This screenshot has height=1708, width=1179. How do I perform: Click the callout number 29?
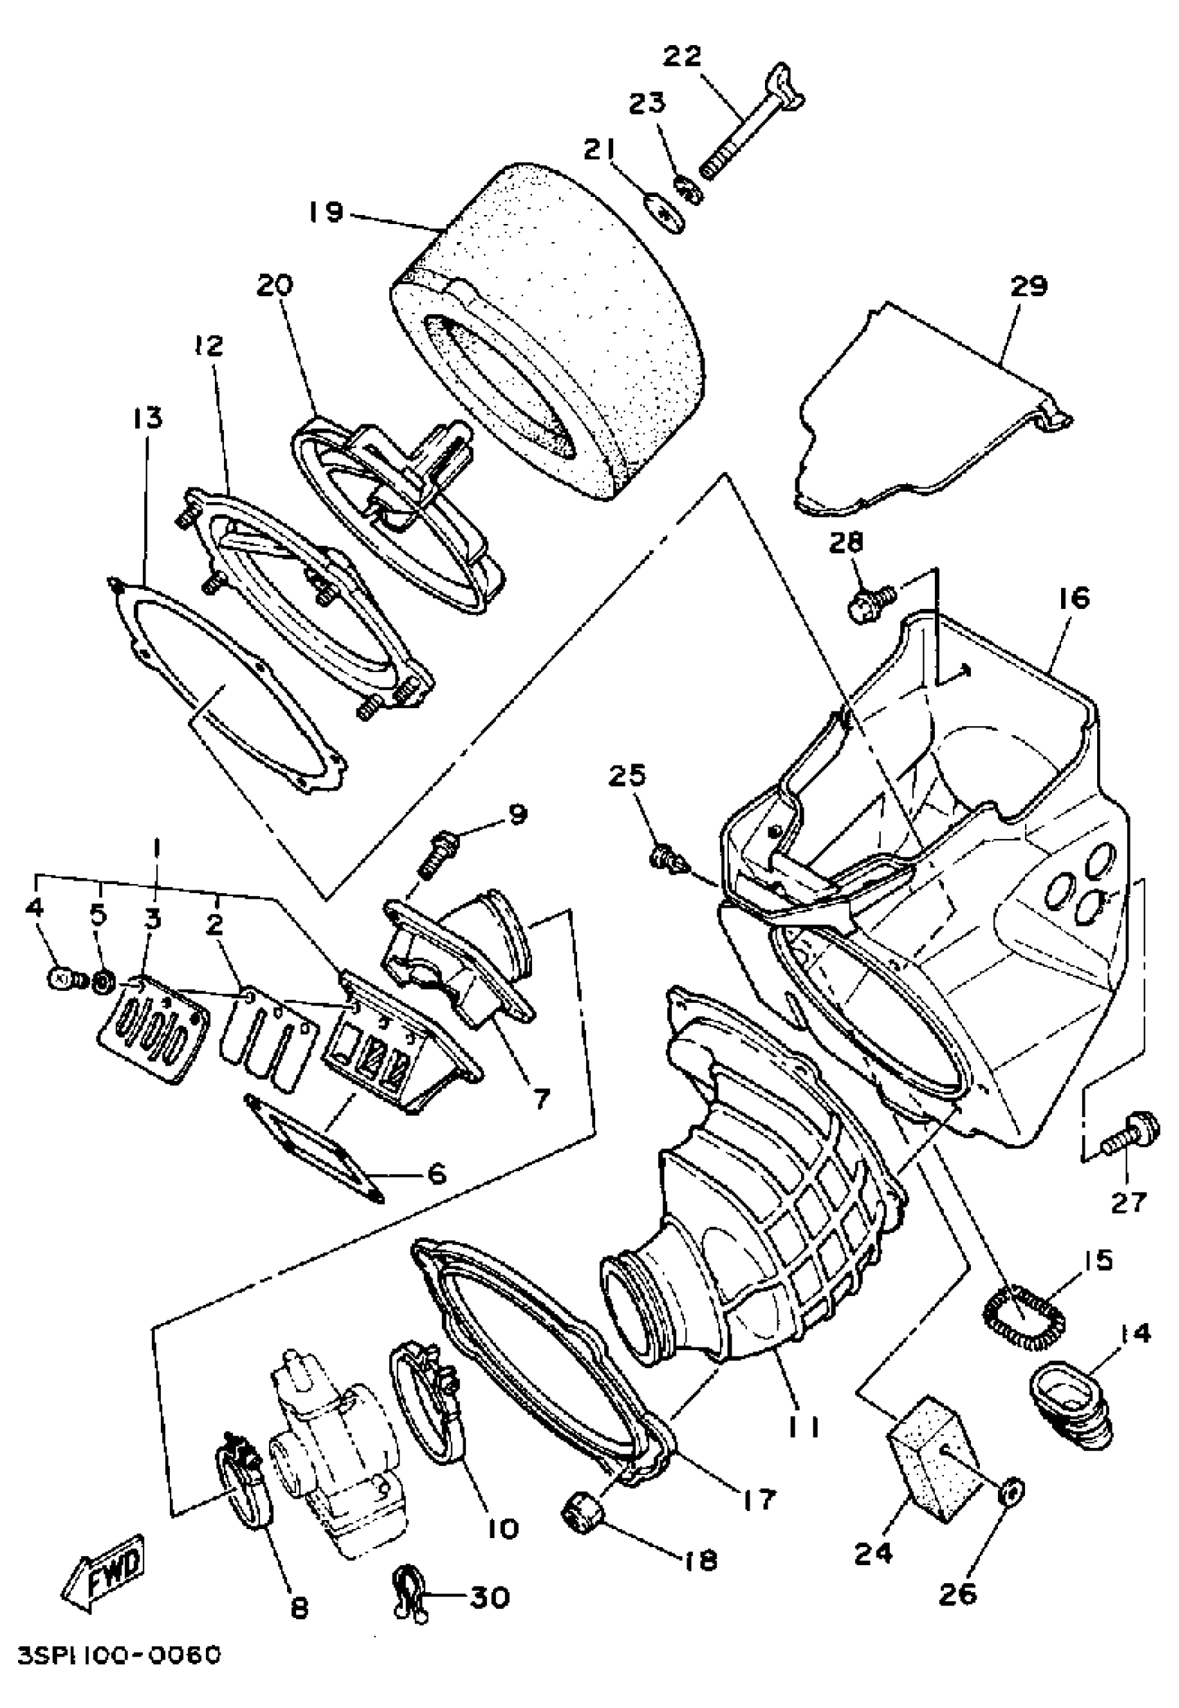[1029, 286]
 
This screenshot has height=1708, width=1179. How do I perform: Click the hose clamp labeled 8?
[244, 1478]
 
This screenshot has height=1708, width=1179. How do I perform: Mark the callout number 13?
[147, 418]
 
